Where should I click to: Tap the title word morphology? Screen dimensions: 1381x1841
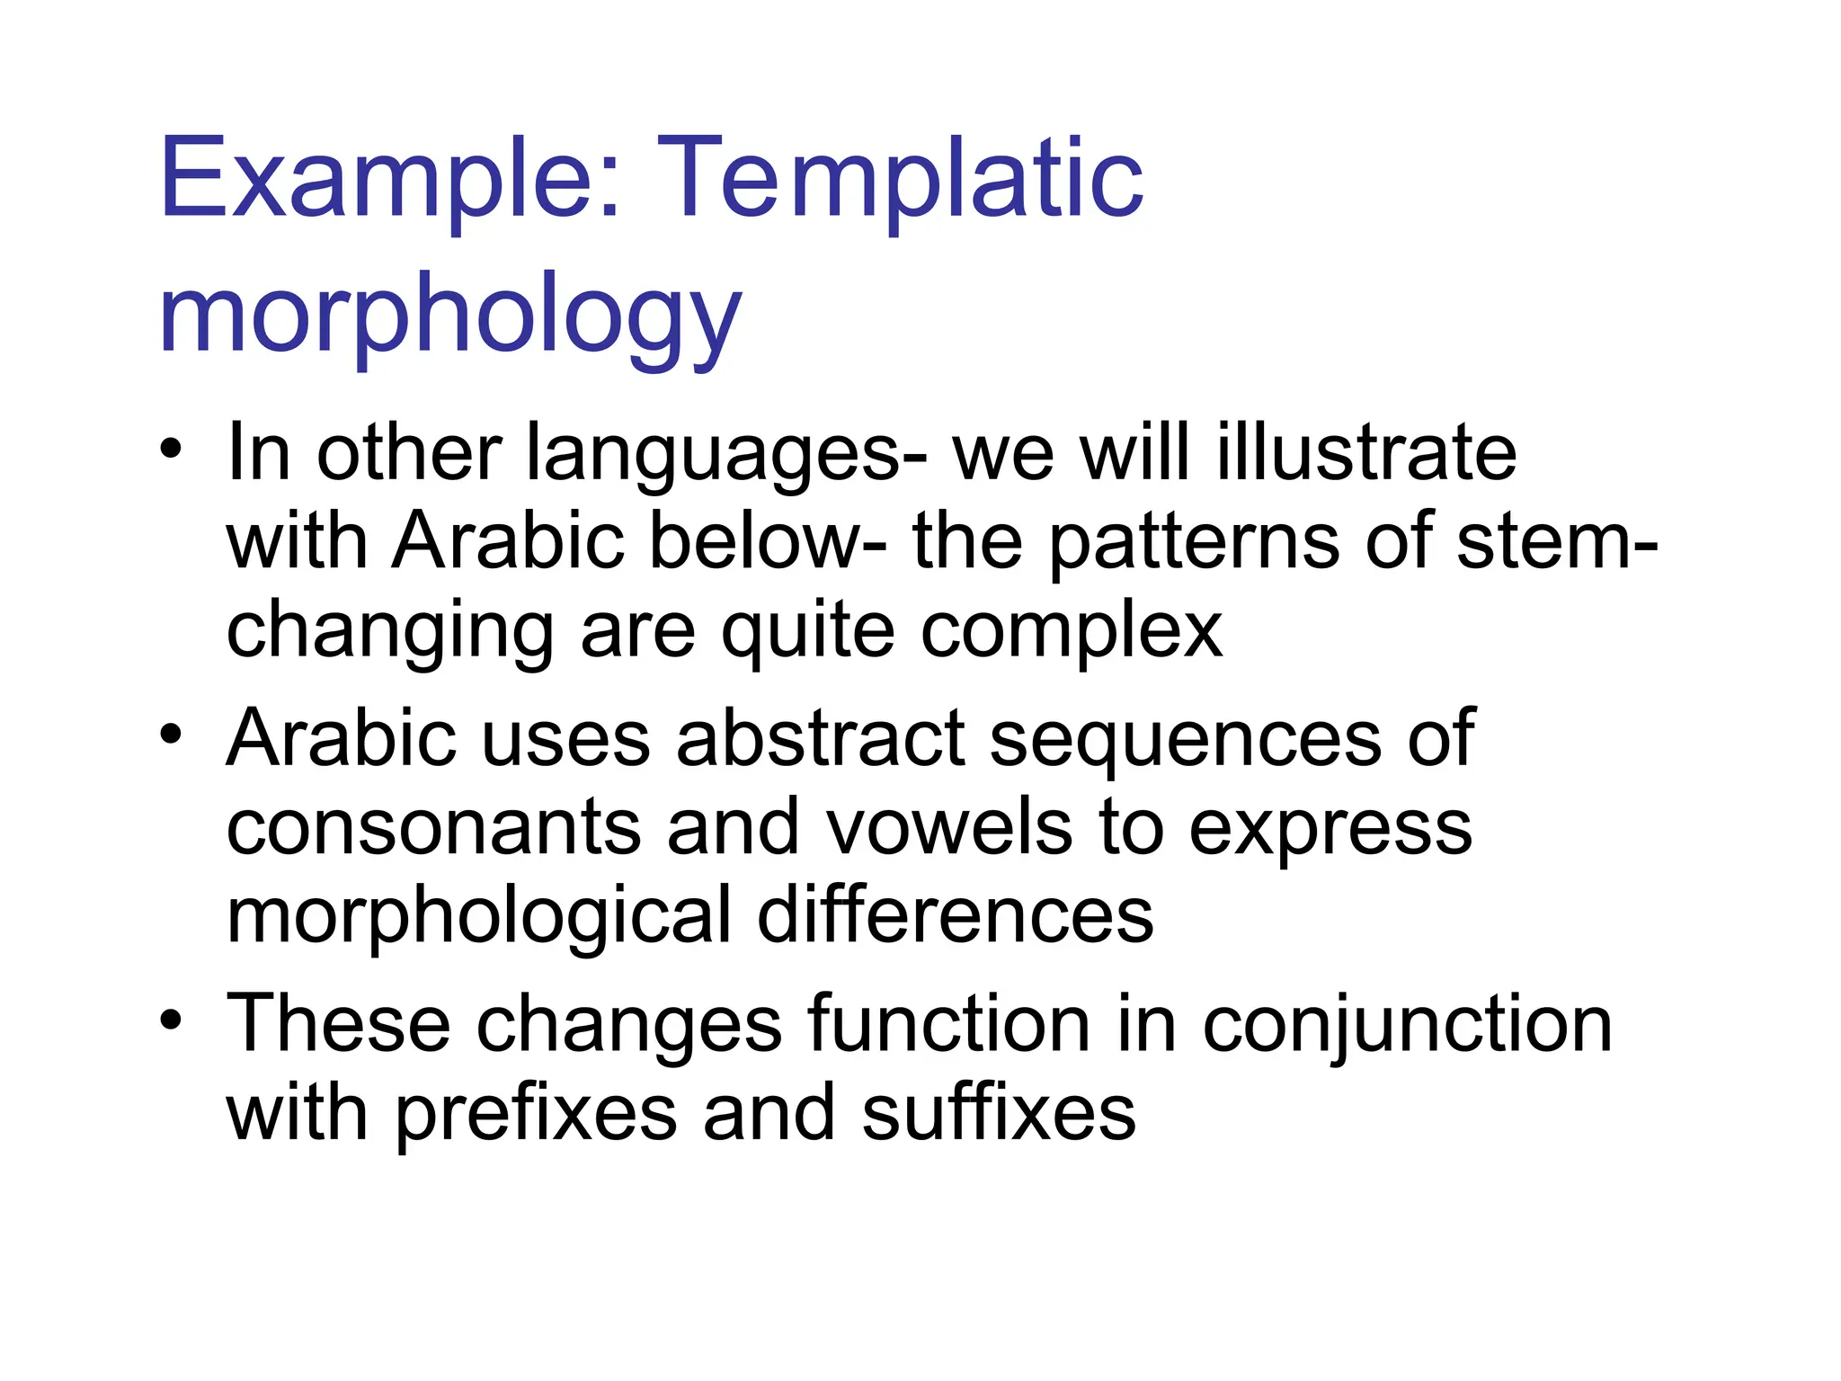[x=449, y=315]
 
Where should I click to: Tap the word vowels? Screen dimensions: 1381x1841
[x=949, y=828]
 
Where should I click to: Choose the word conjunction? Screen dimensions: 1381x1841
[x=1407, y=1026]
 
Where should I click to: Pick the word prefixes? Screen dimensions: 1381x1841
[x=536, y=1114]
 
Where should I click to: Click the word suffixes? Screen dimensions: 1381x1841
[x=999, y=1113]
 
